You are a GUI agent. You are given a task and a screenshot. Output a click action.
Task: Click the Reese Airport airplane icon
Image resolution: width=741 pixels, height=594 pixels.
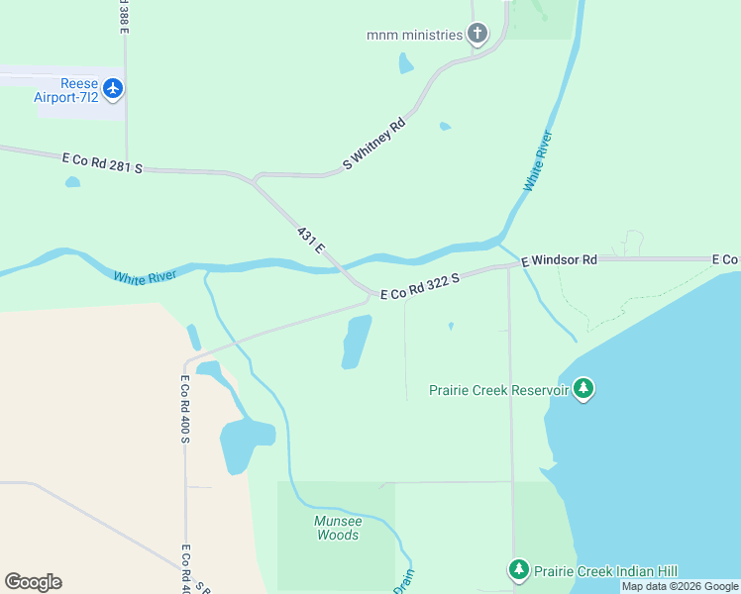pos(113,89)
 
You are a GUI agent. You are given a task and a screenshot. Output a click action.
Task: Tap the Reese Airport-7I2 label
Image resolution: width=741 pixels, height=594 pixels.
pos(65,89)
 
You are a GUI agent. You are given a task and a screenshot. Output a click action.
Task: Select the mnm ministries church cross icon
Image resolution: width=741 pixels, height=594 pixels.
pos(477,35)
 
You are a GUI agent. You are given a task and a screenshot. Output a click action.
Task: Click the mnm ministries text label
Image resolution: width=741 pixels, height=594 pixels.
pos(414,35)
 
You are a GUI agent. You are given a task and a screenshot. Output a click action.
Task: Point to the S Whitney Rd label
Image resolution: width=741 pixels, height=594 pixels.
pos(374,145)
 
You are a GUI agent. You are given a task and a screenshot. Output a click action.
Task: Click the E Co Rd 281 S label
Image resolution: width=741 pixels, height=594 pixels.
pos(102,163)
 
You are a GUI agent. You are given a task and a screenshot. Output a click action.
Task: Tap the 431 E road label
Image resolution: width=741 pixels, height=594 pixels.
pos(311,240)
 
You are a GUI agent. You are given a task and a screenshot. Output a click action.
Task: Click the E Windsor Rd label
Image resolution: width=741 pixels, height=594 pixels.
pos(560,259)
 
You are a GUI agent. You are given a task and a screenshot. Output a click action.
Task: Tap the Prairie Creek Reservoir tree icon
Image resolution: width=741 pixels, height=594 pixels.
pos(583,389)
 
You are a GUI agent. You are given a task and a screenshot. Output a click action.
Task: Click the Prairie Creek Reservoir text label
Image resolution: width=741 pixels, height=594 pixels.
pos(498,390)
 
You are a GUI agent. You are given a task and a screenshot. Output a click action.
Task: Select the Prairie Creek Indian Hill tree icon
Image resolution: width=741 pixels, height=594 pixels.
pos(518,570)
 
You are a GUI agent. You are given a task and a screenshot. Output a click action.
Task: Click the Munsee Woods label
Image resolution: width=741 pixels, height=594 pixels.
pos(338,528)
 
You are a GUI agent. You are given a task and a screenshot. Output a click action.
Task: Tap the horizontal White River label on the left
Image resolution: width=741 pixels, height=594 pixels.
pos(145,277)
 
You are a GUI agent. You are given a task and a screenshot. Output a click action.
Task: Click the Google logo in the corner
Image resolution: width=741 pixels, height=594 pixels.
pos(33,582)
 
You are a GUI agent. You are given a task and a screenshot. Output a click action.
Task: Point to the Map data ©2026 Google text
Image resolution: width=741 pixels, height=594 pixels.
pos(680,586)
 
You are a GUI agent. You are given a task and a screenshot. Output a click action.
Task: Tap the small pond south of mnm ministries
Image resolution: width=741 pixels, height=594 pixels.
pos(405,64)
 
